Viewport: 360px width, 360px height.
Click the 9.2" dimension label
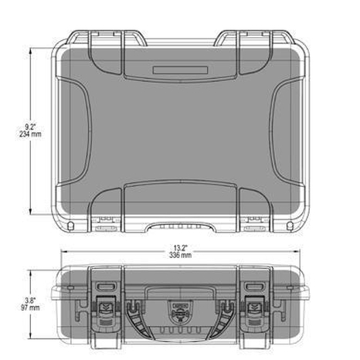[x=30, y=127]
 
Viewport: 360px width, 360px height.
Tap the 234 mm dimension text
[x=30, y=134]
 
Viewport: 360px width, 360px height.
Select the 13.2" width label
[x=180, y=248]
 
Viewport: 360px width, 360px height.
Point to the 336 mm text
[x=180, y=255]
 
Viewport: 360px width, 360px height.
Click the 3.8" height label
[x=30, y=301]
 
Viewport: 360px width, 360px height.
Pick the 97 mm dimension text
[x=30, y=307]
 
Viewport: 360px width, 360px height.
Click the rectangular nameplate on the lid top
[x=180, y=70]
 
